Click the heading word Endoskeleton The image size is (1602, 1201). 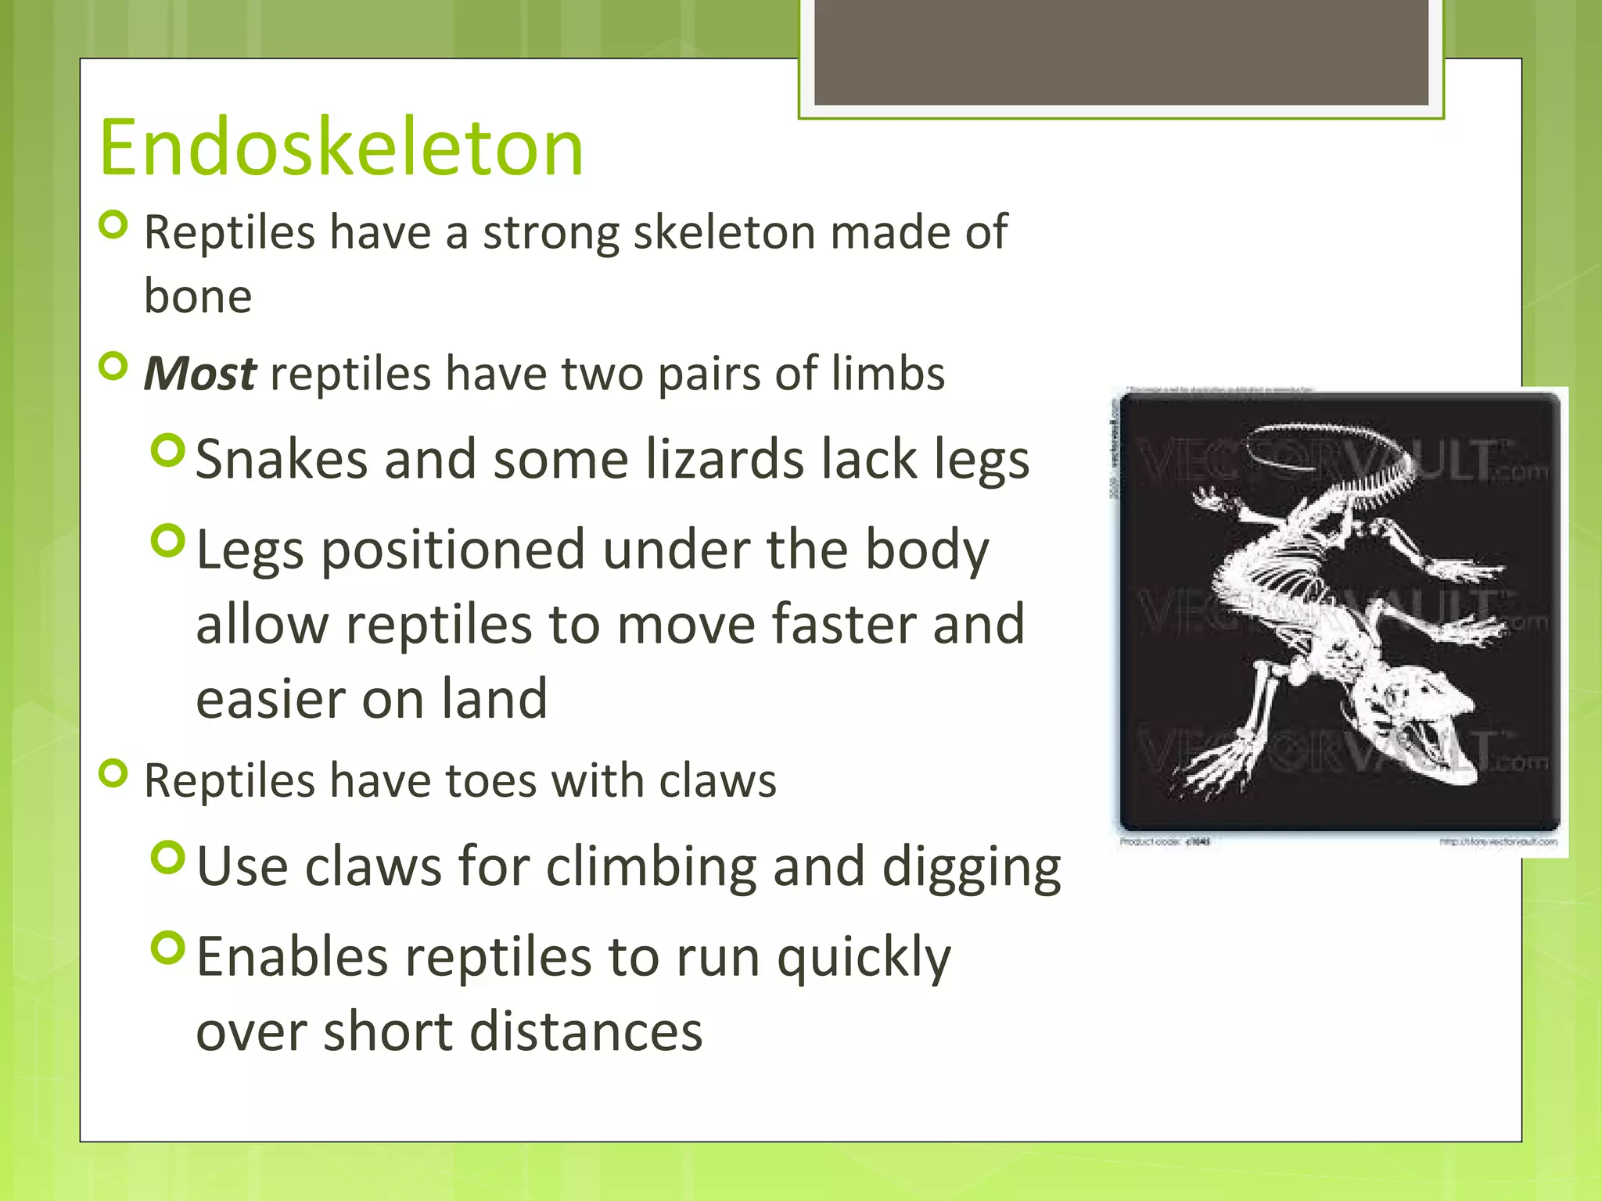point(341,148)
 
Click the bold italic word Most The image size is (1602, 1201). point(199,374)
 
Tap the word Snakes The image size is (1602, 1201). point(281,459)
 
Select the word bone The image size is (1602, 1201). point(197,297)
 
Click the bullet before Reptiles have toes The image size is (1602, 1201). point(114,774)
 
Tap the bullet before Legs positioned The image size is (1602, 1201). point(168,540)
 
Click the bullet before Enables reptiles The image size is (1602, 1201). point(168,948)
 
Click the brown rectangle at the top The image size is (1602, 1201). point(1121,51)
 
